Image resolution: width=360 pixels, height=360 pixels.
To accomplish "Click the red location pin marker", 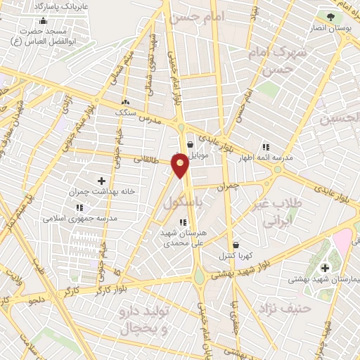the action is [181, 164].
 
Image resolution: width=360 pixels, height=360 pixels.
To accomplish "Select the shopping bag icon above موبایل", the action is [190, 144].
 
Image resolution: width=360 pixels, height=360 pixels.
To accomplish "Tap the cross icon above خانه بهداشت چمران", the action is [101, 181].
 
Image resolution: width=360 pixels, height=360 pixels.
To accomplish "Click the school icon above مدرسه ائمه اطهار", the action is [266, 147].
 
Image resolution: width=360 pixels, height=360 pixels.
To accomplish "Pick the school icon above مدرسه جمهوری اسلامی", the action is [79, 207].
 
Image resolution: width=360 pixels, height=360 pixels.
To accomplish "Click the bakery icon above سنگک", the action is [126, 101].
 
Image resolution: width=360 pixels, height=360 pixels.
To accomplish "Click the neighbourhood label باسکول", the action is [187, 202].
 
